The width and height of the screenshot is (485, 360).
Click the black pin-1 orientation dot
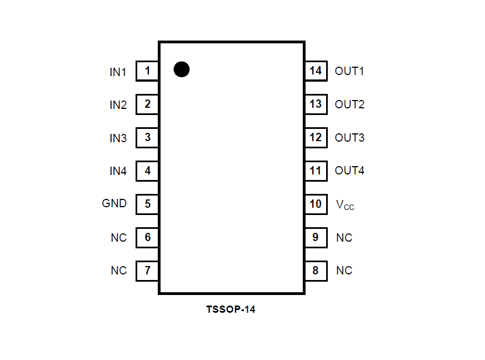pos(182,69)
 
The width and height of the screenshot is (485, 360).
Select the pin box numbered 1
pos(147,71)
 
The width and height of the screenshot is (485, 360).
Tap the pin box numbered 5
pos(147,204)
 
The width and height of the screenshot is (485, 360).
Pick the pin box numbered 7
pos(147,271)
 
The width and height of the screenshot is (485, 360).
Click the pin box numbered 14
pos(316,71)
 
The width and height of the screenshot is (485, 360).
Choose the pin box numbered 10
pos(316,204)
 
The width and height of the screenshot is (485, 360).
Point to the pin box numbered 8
pos(316,271)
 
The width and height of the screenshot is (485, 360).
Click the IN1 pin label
pos(118,72)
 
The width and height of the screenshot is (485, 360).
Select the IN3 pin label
pos(118,138)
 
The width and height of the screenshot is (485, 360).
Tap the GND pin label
pos(114,203)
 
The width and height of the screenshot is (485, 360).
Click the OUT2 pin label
pos(349,104)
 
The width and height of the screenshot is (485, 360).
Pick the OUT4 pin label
pos(349,171)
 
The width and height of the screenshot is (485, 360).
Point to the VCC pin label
pos(345,205)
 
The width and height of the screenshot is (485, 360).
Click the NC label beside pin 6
pos(118,238)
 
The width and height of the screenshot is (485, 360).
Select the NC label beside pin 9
pos(344,238)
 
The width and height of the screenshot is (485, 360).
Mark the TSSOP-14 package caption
pos(231,309)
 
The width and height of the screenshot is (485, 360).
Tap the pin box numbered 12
pos(316,137)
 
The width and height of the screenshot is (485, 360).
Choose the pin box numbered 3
pos(147,137)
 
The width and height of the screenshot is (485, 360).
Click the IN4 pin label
pos(118,171)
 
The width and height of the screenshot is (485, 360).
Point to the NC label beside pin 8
pos(344,271)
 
